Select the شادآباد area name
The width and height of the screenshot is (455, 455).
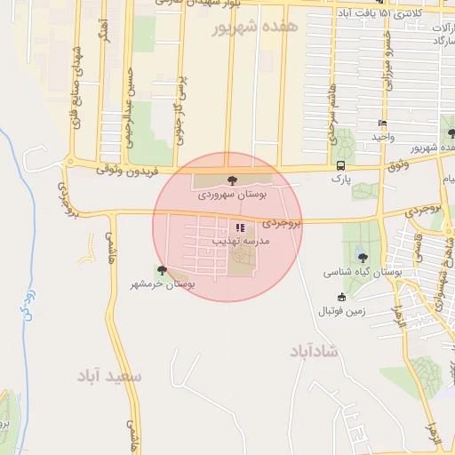click(313, 351)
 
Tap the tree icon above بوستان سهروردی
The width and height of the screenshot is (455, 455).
click(233, 180)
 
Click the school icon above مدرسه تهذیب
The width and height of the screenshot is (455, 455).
click(238, 227)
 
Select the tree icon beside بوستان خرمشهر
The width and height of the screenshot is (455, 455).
click(161, 270)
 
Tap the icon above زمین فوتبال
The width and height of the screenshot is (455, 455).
click(341, 298)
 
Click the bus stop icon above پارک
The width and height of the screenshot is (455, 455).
click(341, 165)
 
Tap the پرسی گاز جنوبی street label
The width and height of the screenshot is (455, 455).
click(180, 110)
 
